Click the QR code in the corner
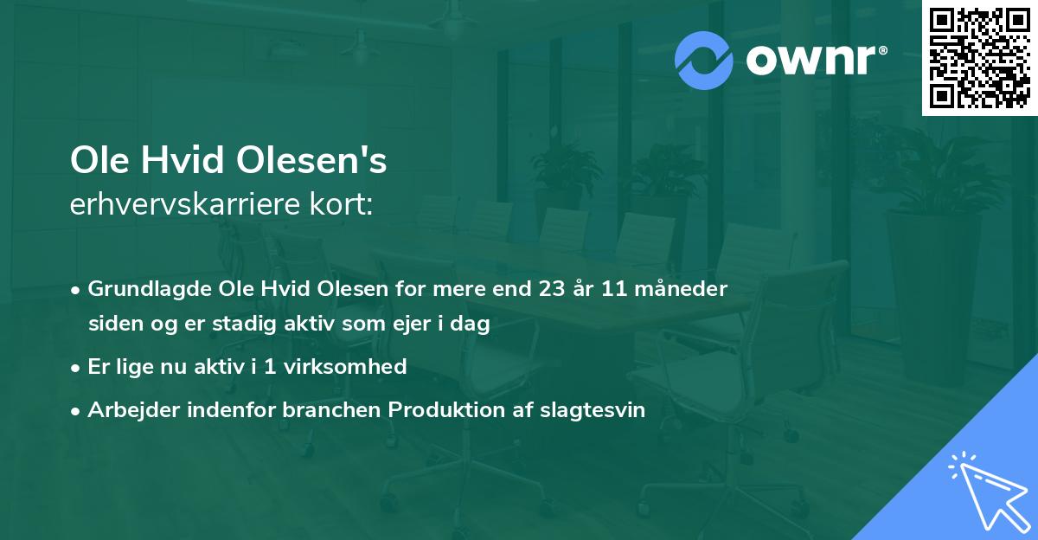(x=979, y=58)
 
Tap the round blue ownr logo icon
(x=704, y=60)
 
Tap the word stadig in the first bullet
(x=227, y=325)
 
